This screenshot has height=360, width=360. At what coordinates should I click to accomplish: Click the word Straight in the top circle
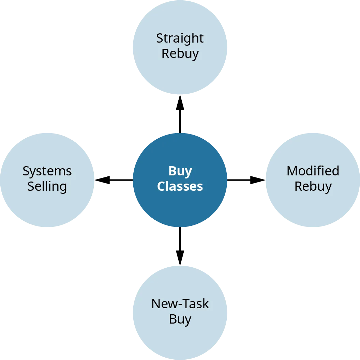click(x=180, y=38)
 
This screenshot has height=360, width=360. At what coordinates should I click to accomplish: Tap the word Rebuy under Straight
click(x=180, y=54)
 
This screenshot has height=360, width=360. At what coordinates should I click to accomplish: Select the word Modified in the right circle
click(x=313, y=171)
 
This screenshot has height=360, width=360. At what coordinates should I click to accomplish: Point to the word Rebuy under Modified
click(x=313, y=187)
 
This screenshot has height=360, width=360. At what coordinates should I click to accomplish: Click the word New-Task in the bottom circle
click(x=180, y=304)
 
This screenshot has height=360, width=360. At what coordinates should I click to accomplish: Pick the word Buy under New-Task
click(x=180, y=319)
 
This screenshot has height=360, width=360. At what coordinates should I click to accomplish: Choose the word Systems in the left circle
click(x=47, y=171)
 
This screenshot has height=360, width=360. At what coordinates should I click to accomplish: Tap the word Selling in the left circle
click(x=47, y=187)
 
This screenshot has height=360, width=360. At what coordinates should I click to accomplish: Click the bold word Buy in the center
click(x=180, y=171)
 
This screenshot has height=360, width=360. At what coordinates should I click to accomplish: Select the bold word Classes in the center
click(x=180, y=187)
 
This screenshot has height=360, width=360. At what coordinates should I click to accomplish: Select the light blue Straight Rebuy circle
click(x=180, y=75)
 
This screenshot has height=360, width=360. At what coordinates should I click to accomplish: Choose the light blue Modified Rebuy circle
click(x=313, y=208)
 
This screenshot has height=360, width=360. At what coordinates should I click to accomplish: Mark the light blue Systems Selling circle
click(x=47, y=208)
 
